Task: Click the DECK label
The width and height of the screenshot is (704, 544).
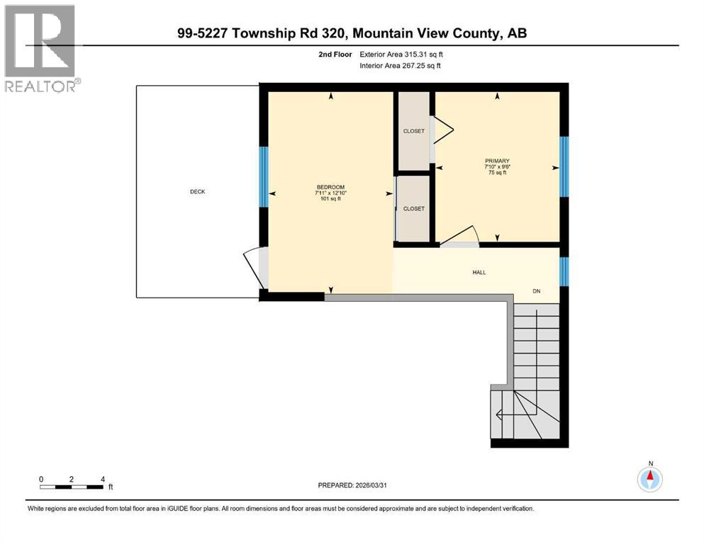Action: (197, 192)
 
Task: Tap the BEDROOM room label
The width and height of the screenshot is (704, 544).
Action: (331, 187)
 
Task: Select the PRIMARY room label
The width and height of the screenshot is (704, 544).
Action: (497, 161)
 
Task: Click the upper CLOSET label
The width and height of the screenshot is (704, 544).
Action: (413, 131)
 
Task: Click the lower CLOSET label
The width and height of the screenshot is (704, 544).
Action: (413, 209)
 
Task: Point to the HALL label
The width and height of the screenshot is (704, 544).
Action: (479, 272)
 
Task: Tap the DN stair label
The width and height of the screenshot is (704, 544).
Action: (537, 291)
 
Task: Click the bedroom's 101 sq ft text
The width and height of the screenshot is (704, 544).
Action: (331, 199)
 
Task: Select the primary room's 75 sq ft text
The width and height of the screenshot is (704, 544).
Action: (497, 173)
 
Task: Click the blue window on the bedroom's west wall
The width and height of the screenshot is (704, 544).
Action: (263, 176)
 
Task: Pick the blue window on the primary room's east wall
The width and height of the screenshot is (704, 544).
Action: (564, 166)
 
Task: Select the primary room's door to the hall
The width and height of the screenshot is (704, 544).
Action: (459, 237)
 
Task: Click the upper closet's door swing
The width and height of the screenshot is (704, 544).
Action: (442, 132)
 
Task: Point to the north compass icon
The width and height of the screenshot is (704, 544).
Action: (649, 479)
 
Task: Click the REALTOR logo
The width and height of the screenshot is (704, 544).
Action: (40, 48)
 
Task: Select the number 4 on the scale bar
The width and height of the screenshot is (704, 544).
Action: (103, 479)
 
